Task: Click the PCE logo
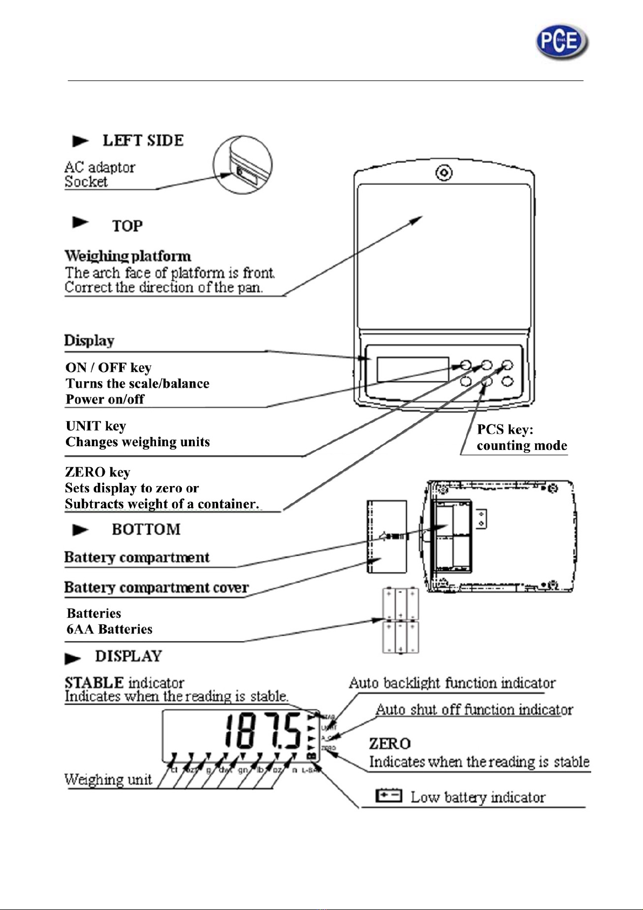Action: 561,42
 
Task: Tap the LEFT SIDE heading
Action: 143,140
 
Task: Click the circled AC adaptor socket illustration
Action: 242,165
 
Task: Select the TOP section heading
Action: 127,226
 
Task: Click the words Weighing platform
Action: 128,256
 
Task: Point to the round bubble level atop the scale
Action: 444,173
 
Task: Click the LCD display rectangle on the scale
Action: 413,369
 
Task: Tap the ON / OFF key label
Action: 108,368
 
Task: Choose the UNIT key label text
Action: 96,426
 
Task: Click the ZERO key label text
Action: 97,473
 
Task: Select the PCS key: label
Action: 505,430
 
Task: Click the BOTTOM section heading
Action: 146,529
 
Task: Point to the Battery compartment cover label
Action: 157,588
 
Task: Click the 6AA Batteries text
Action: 110,629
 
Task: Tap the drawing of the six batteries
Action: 401,621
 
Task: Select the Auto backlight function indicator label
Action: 452,683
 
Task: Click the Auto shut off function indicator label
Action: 474,710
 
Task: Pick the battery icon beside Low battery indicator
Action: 389,796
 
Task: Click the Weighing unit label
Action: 108,779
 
